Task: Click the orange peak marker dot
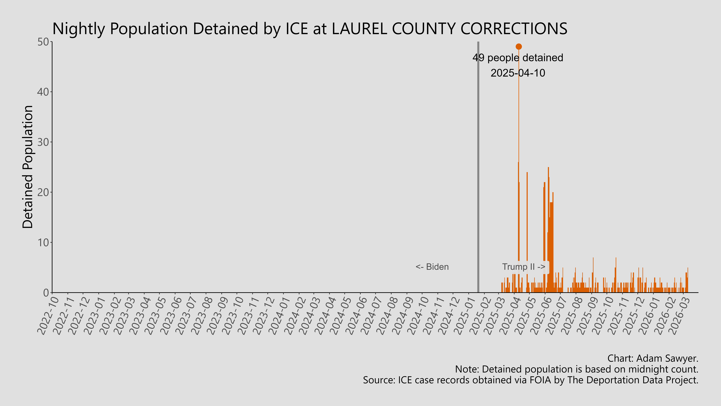519,47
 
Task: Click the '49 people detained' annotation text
518,58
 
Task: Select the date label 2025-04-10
518,73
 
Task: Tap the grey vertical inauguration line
478,168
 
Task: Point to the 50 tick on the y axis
43,42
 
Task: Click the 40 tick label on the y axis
43,92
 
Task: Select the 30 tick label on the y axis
43,142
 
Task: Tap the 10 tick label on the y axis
43,242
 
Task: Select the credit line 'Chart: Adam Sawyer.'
653,358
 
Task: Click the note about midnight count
577,369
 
